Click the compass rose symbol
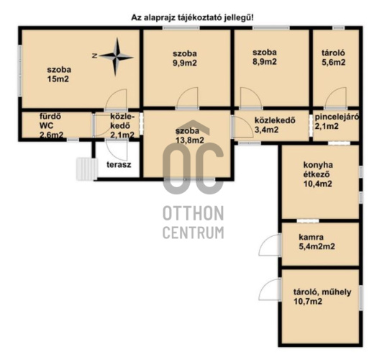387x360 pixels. [x=117, y=57]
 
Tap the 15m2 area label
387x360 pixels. [x=58, y=79]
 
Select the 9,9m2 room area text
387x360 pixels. [x=185, y=63]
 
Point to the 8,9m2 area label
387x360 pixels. [x=265, y=62]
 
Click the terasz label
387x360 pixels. [x=119, y=165]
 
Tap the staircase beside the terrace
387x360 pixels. [x=86, y=169]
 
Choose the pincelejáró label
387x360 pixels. [x=337, y=117]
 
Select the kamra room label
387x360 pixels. [x=311, y=237]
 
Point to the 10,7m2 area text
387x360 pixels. [x=308, y=302]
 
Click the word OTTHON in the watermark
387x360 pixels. [x=193, y=213]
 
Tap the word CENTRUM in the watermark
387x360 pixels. [x=193, y=233]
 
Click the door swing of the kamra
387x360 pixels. [x=268, y=245]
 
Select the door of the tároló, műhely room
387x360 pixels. [x=269, y=289]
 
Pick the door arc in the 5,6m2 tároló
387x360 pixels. [x=336, y=98]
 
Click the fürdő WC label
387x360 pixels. [x=51, y=125]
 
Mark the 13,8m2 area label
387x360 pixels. [x=190, y=140]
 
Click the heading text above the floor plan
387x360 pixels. [x=192, y=18]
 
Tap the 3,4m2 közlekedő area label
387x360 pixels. [x=267, y=130]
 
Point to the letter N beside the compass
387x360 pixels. [x=94, y=56]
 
